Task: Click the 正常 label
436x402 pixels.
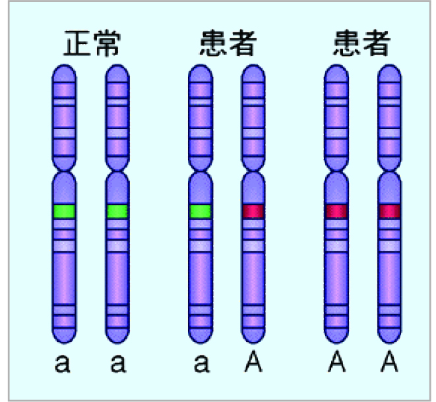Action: pos(92,43)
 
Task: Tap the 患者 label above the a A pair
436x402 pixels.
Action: pos(227,43)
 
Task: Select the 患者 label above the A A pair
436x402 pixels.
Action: pos(362,43)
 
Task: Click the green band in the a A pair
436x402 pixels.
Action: pos(200,211)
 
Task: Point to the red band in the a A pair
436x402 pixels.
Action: pos(253,211)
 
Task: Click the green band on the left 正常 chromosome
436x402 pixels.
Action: pos(64,211)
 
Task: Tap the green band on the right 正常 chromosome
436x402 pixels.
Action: pos(117,211)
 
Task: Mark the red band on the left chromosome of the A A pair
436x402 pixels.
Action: pos(336,211)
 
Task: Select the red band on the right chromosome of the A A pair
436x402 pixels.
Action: pos(389,211)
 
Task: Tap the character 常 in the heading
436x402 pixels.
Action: pos(108,43)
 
